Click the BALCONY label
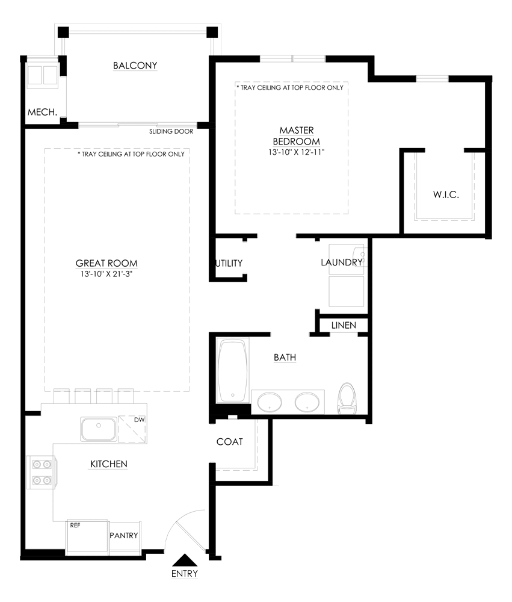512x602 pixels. pos(135,66)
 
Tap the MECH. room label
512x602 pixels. pos(42,113)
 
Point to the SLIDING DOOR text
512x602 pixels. pos(171,131)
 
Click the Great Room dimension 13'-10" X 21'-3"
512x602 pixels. pos(106,274)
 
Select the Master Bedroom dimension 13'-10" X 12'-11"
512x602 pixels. pos(296,152)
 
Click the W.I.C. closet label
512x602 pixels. pos(446,194)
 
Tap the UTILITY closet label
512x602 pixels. pos(229,264)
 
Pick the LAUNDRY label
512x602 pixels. pos(342,262)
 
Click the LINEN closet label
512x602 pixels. pos(344,326)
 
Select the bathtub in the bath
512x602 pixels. pos(233,370)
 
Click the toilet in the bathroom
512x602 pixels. pos(347,399)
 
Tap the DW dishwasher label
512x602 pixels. pos(140,420)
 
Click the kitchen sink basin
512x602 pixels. pos(98,429)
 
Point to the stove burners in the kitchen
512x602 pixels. pos(42,472)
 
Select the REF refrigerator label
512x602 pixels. pos(75,525)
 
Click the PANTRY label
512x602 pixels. pos(123,536)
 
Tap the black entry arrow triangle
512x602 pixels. pos(185,560)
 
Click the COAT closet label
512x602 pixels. pos(229,442)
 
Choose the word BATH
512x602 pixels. pos(285,358)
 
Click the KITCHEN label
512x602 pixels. pos(109,464)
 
